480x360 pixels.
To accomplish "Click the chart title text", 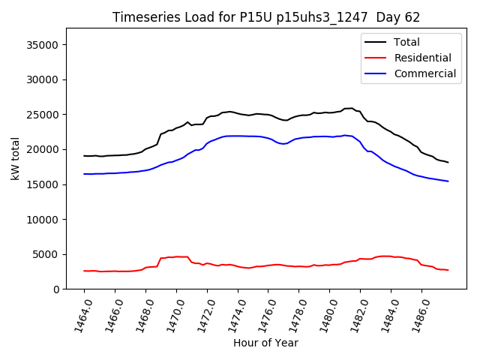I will coord(266,17).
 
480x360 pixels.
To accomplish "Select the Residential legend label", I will coord(422,58).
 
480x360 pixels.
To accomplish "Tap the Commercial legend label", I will coord(424,73).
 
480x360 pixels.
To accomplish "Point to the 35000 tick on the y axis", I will coord(44,45).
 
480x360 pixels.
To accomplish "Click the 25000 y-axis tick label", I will coord(44,115).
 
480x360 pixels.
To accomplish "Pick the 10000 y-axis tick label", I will coord(44,220).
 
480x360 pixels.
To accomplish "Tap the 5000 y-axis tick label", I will coord(47,254).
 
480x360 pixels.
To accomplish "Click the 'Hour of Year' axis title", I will coord(265,343).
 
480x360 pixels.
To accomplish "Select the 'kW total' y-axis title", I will coord(15,159).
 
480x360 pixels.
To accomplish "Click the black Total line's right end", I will coord(448,162).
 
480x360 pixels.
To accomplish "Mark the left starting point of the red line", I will coord(84,271).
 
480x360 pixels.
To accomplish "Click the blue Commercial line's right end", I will coord(448,181).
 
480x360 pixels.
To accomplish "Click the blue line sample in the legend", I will coord(377,73).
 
